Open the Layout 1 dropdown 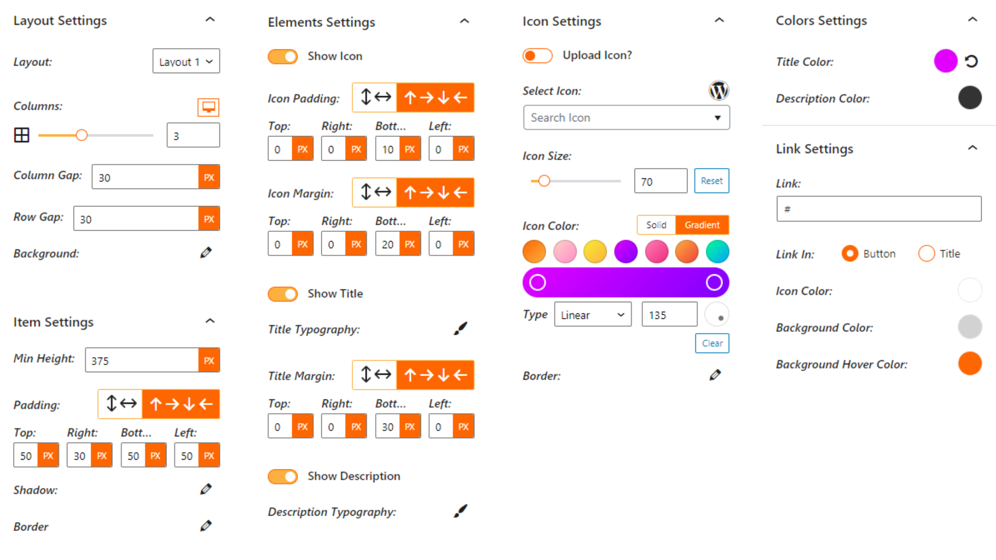pos(186,61)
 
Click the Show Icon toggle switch pos(282,57)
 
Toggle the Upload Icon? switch pos(537,56)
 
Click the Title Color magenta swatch pos(945,61)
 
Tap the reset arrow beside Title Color pos(971,61)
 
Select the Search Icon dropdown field pos(626,117)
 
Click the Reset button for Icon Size pos(712,181)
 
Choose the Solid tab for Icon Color pos(656,225)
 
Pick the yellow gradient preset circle pos(595,252)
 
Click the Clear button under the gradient pos(712,343)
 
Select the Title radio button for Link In pos(926,254)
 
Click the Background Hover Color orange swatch pos(970,364)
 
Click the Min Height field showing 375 pos(142,360)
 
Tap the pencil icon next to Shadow pos(206,489)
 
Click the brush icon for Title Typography pos(461,329)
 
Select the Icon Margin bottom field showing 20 pos(388,244)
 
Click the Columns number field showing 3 pos(193,135)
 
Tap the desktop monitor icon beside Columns pos(209,107)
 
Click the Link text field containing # pos(879,209)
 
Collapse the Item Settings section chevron pos(210,321)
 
